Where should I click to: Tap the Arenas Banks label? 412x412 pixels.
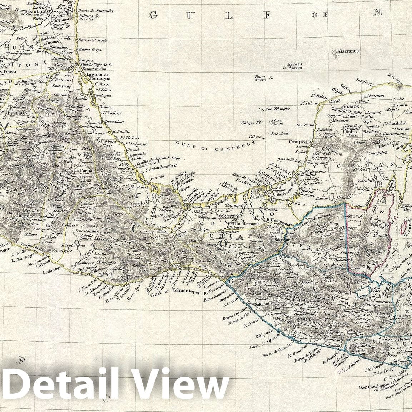click(x=295, y=66)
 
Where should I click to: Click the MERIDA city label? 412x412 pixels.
click(x=351, y=106)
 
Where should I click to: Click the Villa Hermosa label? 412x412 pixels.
click(x=245, y=224)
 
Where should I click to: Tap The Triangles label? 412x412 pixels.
click(x=277, y=109)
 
